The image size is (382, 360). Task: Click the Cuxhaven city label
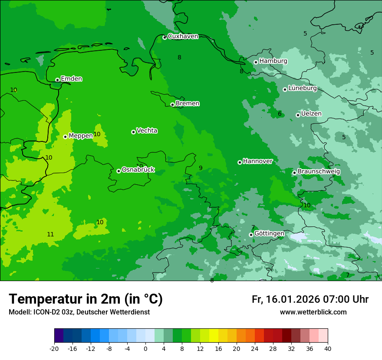coord(183,36)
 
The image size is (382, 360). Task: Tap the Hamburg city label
coord(273,61)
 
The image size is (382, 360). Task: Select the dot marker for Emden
coord(57,80)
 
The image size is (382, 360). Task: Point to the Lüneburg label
coord(302,88)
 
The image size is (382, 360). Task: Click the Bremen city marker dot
coord(172,105)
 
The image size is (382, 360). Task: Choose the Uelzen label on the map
coord(311,114)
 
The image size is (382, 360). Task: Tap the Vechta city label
coord(147,131)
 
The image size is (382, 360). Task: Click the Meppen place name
coord(81,136)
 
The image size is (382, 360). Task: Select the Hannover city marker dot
coord(240,162)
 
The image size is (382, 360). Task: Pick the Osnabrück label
coord(138,170)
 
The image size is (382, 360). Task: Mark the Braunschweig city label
coord(319,171)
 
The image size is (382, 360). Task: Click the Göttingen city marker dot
coord(251,235)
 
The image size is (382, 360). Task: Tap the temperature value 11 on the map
coord(50,235)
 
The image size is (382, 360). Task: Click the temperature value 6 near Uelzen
coord(280,114)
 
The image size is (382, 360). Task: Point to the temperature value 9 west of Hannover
coord(201,168)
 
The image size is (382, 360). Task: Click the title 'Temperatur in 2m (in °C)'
coord(86,299)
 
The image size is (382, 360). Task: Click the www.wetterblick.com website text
coord(313,312)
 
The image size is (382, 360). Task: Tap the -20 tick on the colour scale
coord(54,348)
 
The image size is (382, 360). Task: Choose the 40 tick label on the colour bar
coord(328,348)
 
